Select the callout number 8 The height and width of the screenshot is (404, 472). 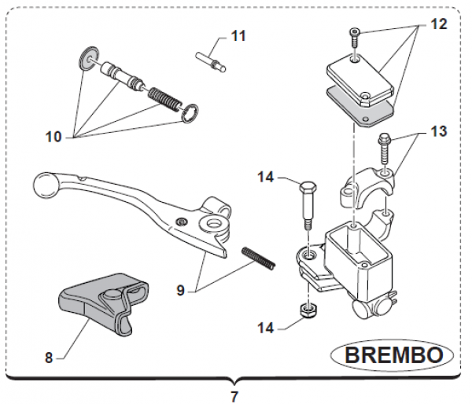(48, 358)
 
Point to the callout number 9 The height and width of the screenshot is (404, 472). (180, 290)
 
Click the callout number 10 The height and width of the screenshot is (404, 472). (53, 136)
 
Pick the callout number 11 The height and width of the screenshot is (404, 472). (238, 35)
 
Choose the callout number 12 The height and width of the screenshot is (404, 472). (438, 24)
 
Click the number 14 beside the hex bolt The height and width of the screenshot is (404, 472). (265, 178)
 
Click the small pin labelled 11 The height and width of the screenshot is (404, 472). (210, 60)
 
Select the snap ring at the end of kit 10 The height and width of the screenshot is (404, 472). (189, 113)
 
